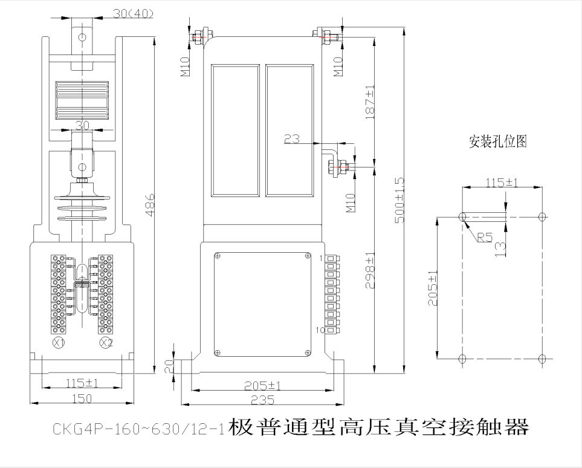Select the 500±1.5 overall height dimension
point(399,200)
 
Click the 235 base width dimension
point(263,400)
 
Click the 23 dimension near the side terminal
point(292,139)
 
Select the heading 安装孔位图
point(499,141)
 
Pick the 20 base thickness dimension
point(169,365)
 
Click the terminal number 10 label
point(320,331)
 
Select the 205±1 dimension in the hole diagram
point(432,287)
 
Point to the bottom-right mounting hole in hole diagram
point(542,359)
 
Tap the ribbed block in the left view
point(81,101)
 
